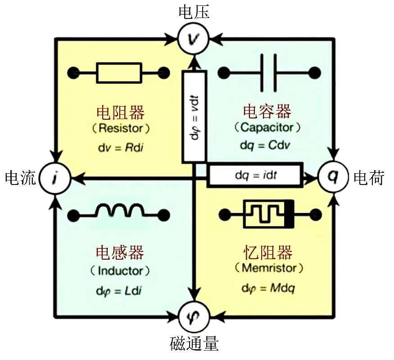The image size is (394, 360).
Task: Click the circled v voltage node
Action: tap(194, 39)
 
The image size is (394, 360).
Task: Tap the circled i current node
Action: tap(55, 178)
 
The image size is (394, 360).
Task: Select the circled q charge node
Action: tap(333, 176)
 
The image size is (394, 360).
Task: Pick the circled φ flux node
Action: tap(194, 316)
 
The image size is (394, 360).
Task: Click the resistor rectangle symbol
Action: tap(119, 73)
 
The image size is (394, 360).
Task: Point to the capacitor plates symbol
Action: tap(269, 73)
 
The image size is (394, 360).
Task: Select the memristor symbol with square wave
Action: tap(268, 214)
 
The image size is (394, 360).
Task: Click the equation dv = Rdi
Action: tap(121, 148)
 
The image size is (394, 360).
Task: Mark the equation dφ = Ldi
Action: tap(119, 291)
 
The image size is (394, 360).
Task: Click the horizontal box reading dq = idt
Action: tap(255, 175)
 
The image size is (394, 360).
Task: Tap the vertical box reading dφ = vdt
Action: tap(194, 117)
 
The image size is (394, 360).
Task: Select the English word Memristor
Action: tap(269, 268)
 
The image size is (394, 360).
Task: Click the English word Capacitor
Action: tap(267, 127)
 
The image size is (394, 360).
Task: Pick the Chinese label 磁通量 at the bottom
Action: tap(194, 344)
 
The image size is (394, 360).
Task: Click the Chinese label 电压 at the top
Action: tap(194, 12)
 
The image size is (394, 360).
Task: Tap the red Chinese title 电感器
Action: tap(120, 252)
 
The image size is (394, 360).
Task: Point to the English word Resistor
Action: tap(121, 128)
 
